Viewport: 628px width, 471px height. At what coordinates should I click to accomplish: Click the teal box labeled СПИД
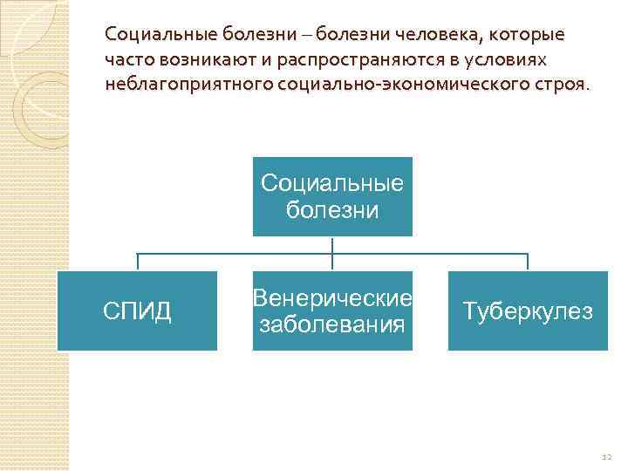pos(138,311)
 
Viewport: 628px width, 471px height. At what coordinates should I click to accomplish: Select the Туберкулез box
pos(528,311)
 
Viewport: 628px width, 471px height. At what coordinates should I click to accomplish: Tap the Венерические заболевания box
pos(332,311)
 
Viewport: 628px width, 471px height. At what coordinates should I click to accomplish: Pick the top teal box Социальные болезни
pos(332,196)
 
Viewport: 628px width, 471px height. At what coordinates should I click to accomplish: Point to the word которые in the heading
pos(529,36)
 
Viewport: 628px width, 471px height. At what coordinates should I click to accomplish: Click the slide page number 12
pos(607,457)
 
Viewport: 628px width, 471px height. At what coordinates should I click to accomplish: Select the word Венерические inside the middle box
pos(332,299)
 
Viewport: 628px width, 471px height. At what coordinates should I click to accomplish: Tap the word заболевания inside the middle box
pos(332,325)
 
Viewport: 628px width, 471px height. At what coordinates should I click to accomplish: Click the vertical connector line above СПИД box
pos(137,263)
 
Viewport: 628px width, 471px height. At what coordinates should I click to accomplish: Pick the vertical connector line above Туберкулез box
pos(528,263)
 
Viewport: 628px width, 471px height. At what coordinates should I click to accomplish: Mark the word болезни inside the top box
pos(332,210)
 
